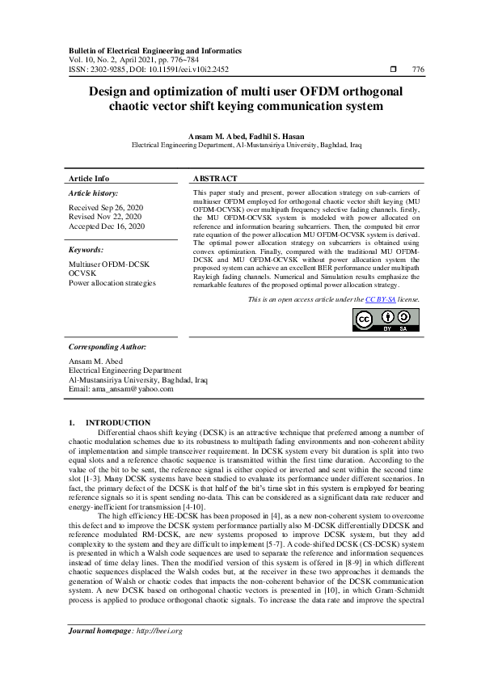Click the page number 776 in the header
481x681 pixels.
pyautogui.click(x=418, y=70)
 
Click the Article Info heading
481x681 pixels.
pyautogui.click(x=89, y=178)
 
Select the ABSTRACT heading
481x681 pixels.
pyautogui.click(x=216, y=178)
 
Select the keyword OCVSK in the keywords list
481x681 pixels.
pyautogui.click(x=82, y=273)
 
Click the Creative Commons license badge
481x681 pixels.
pyautogui.click(x=386, y=319)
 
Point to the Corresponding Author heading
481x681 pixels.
pyautogui.click(x=107, y=346)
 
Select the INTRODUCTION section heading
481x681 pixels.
pyautogui.click(x=118, y=423)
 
